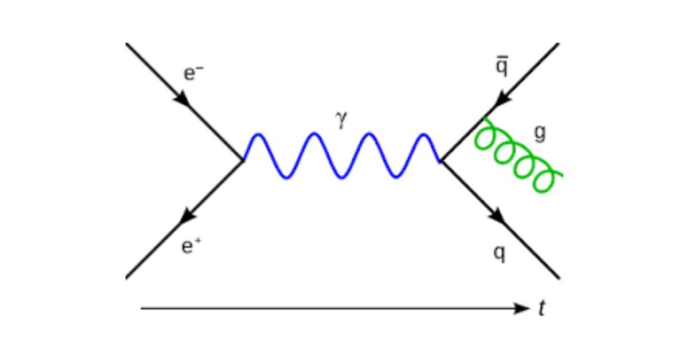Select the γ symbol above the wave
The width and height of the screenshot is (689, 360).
coord(340,120)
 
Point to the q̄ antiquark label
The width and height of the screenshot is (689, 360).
coord(502,68)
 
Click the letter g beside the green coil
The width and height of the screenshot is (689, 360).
coord(539,133)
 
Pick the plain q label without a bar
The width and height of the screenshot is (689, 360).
coord(500,254)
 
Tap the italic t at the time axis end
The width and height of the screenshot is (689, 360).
coord(542,309)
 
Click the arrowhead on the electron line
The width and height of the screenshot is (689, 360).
coord(182,98)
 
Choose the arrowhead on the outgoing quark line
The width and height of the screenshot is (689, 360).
coord(498,217)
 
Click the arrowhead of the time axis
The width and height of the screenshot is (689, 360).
coord(523,308)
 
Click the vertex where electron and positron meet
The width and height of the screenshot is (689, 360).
coord(243,160)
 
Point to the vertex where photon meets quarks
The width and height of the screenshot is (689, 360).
coord(441,160)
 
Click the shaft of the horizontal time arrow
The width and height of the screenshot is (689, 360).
coord(323,308)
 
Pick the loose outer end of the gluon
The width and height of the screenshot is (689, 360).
coord(561,176)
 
